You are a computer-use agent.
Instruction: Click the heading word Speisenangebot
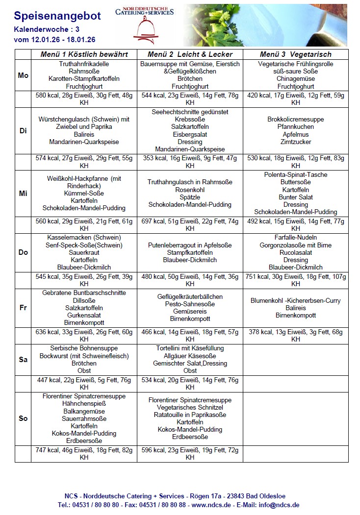click(x=57, y=16)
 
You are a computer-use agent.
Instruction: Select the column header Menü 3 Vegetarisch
click(x=295, y=54)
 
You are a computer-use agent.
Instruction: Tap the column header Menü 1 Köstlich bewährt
click(x=84, y=54)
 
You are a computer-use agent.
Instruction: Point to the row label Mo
click(x=23, y=75)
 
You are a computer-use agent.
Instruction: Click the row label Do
click(x=23, y=252)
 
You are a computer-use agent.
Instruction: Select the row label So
click(x=23, y=418)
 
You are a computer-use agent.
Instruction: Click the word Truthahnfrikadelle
click(x=84, y=64)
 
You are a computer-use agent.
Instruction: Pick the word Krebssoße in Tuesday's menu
click(x=190, y=120)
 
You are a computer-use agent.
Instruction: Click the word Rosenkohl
click(x=190, y=189)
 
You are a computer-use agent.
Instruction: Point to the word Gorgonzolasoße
click(x=289, y=245)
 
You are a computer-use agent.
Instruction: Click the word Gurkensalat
click(x=84, y=315)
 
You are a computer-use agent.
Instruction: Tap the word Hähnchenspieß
click(x=84, y=404)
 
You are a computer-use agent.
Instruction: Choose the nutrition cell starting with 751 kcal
click(x=295, y=280)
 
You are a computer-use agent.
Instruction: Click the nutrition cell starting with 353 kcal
click(x=190, y=162)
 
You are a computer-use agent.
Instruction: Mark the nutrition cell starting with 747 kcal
click(x=84, y=453)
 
